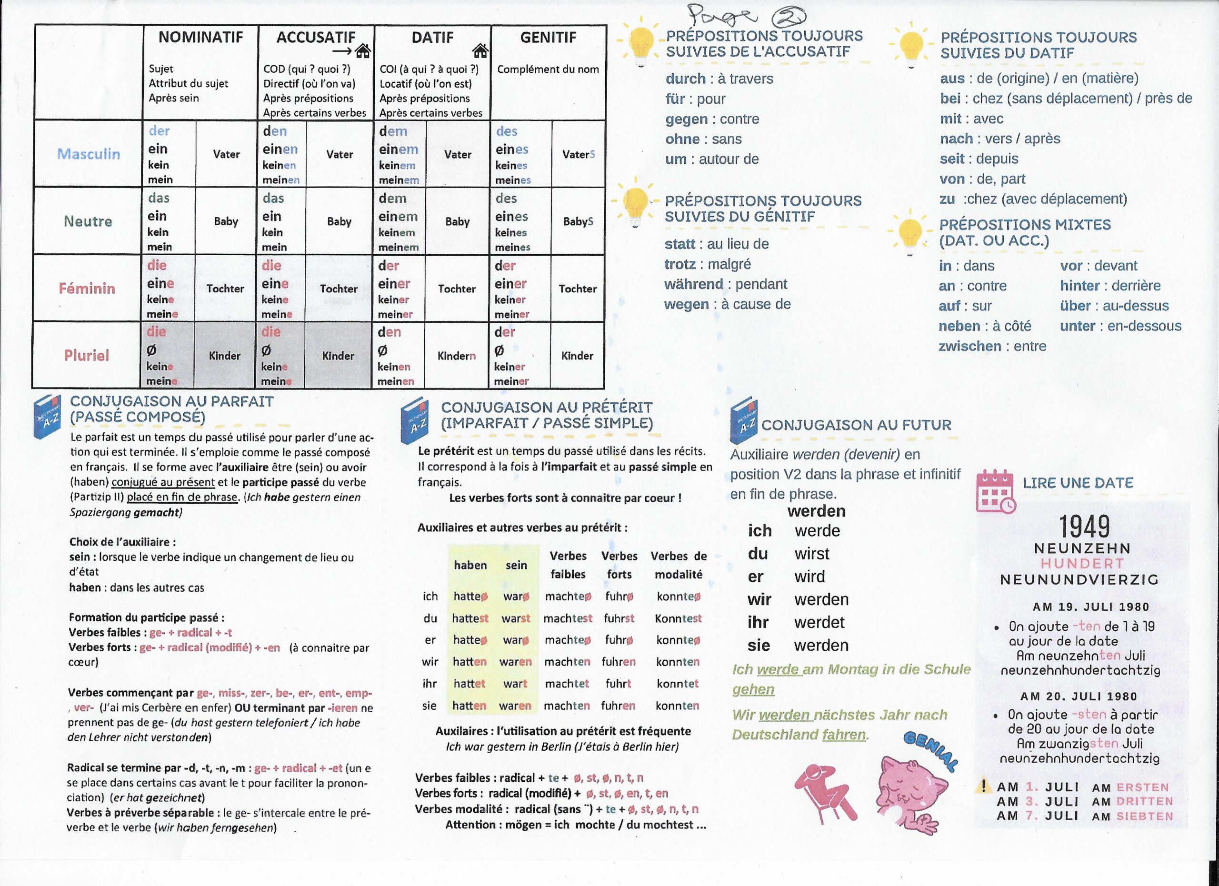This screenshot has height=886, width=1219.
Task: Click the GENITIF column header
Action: [x=548, y=38]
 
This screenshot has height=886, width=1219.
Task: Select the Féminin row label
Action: [x=87, y=289]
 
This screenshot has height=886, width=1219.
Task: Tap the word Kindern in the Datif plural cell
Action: [x=456, y=356]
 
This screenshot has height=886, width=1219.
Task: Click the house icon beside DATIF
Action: [x=480, y=51]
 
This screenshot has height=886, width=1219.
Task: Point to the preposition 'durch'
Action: [x=685, y=79]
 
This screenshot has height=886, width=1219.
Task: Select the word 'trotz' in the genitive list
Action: [x=680, y=264]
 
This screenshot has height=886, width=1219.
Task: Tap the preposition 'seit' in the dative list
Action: [x=952, y=159]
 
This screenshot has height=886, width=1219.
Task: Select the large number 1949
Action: [x=1084, y=527]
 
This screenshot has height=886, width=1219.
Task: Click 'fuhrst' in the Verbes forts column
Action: [x=619, y=618]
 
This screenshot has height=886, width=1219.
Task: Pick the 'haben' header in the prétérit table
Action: [x=470, y=565]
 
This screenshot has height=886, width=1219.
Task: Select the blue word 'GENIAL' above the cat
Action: [x=931, y=751]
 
